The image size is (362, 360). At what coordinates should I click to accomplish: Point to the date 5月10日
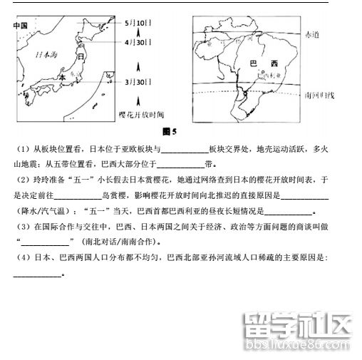[x=136, y=24]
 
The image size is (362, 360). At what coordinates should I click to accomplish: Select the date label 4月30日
[x=137, y=43]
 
